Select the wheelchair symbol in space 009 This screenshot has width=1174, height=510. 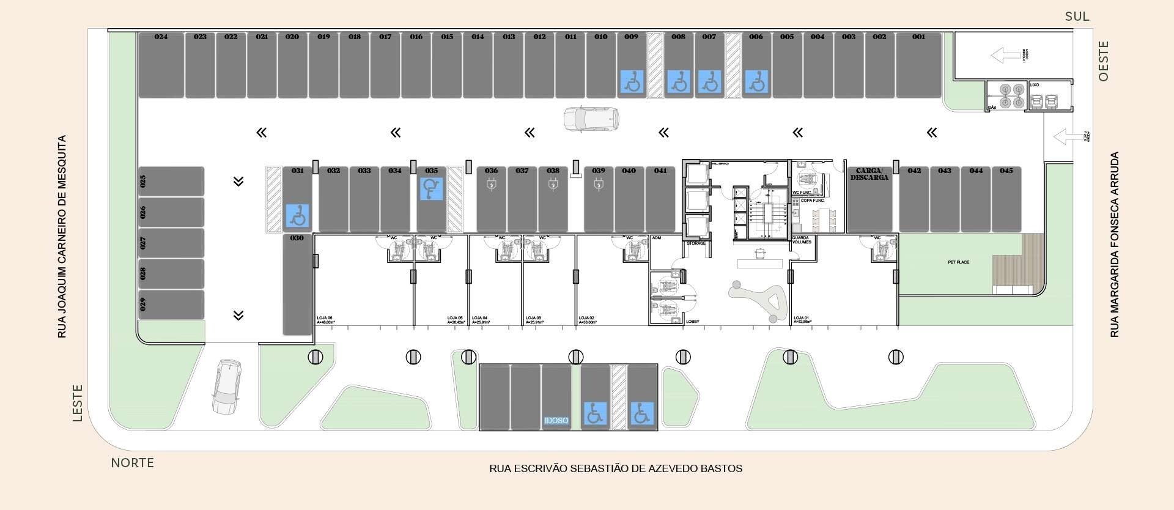(632, 81)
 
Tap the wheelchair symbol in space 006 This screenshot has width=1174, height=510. (757, 81)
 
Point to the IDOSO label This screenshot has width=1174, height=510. (556, 421)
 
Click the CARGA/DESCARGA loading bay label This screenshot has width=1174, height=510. (869, 174)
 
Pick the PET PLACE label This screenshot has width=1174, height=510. (958, 262)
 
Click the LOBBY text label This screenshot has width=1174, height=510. (693, 322)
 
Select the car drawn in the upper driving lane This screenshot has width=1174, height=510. (591, 119)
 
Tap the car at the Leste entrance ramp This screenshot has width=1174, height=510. (226, 386)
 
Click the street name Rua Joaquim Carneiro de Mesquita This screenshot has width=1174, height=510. (62, 237)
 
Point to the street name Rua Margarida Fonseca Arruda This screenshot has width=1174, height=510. (1115, 245)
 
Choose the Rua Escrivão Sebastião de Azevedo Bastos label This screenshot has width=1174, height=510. (615, 469)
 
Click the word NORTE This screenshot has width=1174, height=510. (132, 463)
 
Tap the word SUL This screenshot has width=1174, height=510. (1077, 17)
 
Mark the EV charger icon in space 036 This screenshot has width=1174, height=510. (492, 184)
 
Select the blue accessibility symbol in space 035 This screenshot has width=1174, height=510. (431, 188)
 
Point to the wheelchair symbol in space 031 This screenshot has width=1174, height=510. (298, 215)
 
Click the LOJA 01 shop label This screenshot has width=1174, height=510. (802, 319)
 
